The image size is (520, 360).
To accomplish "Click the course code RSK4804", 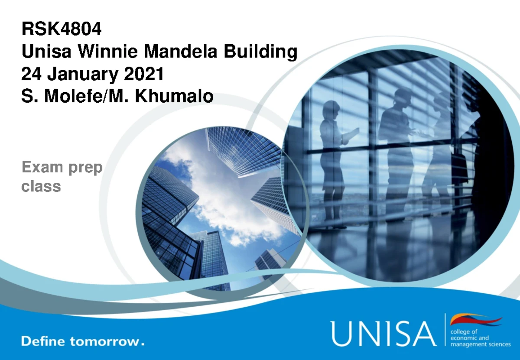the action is click(x=62, y=29).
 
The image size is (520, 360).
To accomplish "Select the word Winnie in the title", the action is click(x=108, y=51).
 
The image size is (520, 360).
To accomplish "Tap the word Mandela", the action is click(x=181, y=51).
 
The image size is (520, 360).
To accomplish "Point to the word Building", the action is click(x=260, y=52).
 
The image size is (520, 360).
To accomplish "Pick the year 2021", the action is click(x=144, y=73).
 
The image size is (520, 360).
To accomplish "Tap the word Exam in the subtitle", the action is click(x=42, y=167).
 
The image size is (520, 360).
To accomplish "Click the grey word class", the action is click(x=41, y=186).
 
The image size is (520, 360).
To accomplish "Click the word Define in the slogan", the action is click(x=43, y=341).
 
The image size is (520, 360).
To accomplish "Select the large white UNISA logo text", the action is click(x=383, y=334).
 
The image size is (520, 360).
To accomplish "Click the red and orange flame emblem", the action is click(x=476, y=320).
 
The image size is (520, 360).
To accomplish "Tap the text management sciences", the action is click(x=481, y=344).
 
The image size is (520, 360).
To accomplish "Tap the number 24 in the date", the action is click(x=31, y=73).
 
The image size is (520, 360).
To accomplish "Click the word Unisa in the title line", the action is click(x=46, y=51).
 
